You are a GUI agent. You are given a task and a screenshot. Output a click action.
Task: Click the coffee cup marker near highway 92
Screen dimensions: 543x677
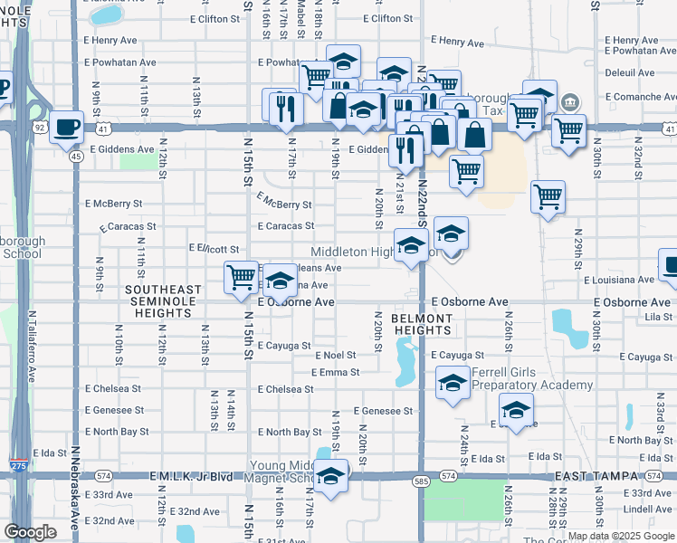tap(67, 128)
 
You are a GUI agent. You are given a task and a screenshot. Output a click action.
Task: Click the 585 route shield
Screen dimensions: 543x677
tap(421, 481)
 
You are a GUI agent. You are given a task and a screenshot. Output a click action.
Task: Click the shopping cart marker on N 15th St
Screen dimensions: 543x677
tap(241, 278)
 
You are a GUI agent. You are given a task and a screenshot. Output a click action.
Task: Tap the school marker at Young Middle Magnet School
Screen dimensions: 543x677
tap(330, 477)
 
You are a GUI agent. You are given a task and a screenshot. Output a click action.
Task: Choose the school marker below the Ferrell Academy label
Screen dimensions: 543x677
tap(516, 412)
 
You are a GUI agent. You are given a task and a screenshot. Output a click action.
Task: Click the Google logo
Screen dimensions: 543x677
tap(30, 532)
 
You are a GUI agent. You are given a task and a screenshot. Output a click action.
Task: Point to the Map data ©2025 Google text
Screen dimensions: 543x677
tap(620, 536)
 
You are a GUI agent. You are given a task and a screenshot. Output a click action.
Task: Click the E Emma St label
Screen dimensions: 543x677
tap(335, 372)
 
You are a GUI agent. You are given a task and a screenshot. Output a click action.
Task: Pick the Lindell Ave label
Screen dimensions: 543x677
tap(647, 510)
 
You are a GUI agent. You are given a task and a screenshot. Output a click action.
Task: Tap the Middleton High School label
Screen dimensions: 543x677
tap(358, 252)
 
